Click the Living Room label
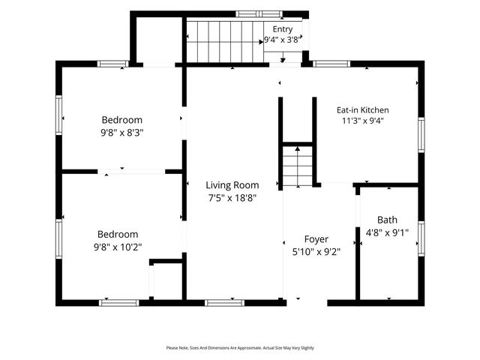(x=232, y=185)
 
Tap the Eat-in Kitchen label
(x=363, y=110)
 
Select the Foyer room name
(x=316, y=239)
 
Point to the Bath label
(x=387, y=220)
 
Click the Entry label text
(x=283, y=29)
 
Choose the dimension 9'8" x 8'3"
(x=122, y=133)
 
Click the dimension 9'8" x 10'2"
(x=118, y=247)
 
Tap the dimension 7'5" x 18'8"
(x=232, y=198)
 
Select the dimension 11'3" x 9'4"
(x=363, y=121)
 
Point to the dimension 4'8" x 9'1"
(x=387, y=233)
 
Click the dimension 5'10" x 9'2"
(x=316, y=252)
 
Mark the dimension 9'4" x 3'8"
(x=283, y=40)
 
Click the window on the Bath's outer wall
(x=421, y=238)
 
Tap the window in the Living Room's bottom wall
(x=225, y=303)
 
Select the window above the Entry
(x=259, y=14)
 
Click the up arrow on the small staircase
(x=298, y=166)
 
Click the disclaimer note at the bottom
(x=240, y=348)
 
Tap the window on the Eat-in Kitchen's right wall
(x=421, y=135)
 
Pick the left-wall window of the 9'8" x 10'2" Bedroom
(x=58, y=239)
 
